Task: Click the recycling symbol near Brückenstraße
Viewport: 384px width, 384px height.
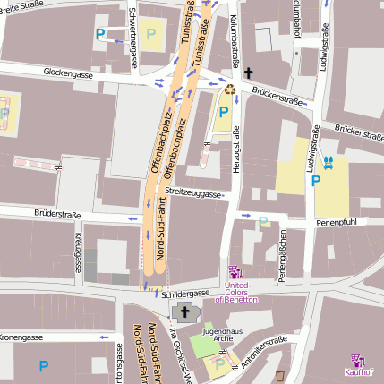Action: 230,89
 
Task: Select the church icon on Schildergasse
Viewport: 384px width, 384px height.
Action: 185,312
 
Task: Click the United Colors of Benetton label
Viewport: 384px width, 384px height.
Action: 235,291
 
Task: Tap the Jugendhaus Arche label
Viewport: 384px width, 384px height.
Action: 222,335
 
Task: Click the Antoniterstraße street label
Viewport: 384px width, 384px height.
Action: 265,351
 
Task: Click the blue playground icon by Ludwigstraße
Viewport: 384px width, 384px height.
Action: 329,162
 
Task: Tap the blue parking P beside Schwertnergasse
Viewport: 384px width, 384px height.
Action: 100,35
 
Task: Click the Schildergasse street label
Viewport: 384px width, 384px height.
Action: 186,293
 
